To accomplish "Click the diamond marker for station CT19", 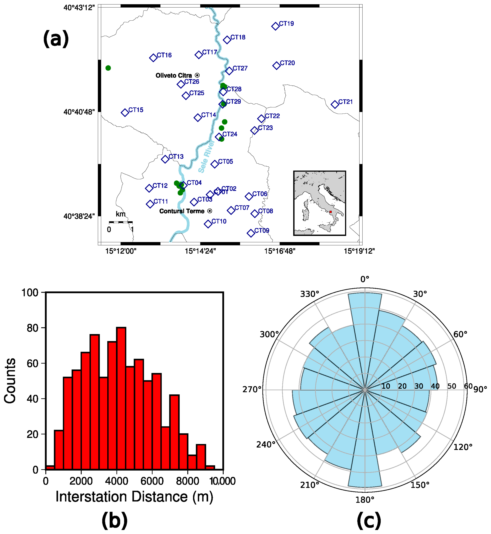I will pyautogui.click(x=275, y=26).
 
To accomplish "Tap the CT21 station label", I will pyautogui.click(x=345, y=102).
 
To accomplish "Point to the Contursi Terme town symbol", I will pyautogui.click(x=210, y=211).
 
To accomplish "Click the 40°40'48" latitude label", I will pyautogui.click(x=79, y=112).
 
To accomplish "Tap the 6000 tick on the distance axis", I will pyautogui.click(x=152, y=481).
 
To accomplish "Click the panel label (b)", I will pyautogui.click(x=115, y=521).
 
